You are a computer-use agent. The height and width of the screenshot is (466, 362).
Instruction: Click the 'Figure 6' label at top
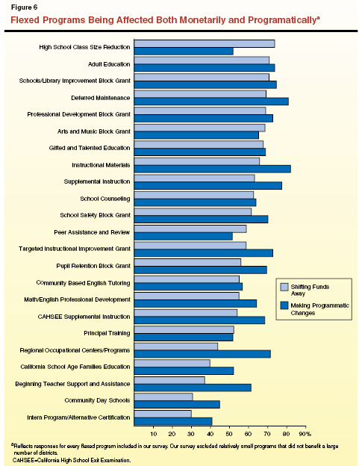point(23,7)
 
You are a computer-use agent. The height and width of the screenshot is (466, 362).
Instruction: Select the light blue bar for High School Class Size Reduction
point(204,43)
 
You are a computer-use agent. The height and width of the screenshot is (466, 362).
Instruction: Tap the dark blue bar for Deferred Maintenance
point(210,101)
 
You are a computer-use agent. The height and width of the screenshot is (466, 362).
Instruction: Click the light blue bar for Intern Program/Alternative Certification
point(162,414)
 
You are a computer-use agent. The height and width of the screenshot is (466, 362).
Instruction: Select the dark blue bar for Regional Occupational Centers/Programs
point(202,353)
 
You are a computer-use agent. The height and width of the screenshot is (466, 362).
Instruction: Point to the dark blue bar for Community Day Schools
point(176,404)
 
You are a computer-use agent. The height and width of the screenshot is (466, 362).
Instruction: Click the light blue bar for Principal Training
point(184,329)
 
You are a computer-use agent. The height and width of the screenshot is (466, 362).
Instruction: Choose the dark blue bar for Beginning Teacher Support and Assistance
point(192,387)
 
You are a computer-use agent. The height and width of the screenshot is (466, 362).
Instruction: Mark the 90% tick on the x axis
point(304,433)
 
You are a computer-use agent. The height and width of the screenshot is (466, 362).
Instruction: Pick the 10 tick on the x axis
point(152,433)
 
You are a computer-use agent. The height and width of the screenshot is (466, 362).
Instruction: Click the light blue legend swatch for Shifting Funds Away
point(284,287)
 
